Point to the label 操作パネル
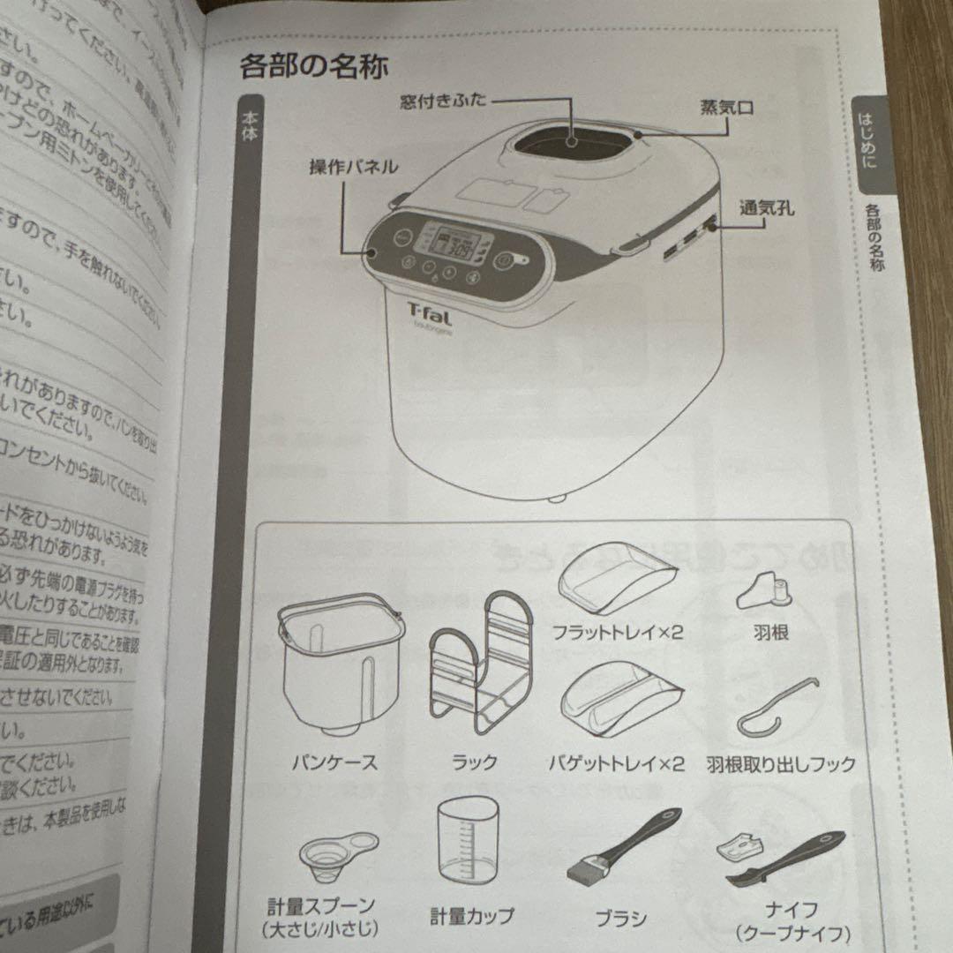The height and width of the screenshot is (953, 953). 352,167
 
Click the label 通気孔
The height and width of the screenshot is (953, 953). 767,208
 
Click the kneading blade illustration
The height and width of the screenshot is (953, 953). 763,590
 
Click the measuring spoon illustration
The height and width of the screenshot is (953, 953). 336,852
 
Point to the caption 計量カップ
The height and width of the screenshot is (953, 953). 472,916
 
